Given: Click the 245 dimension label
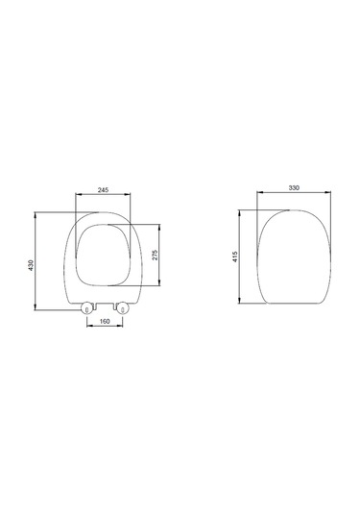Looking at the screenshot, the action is coord(103,189).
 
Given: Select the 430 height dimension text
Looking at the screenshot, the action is coord(31,265).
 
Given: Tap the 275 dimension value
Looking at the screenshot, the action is coord(156,255).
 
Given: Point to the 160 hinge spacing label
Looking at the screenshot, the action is coord(105,321).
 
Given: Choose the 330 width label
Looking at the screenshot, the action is coord(294,188).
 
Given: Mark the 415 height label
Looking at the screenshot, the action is coord(235,257).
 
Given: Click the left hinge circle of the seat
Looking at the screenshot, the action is coord(86,308).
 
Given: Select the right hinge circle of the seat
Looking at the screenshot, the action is coord(123,308).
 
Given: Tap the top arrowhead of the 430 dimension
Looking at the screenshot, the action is coord(36,215).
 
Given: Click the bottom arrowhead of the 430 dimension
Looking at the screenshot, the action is coord(36,306).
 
